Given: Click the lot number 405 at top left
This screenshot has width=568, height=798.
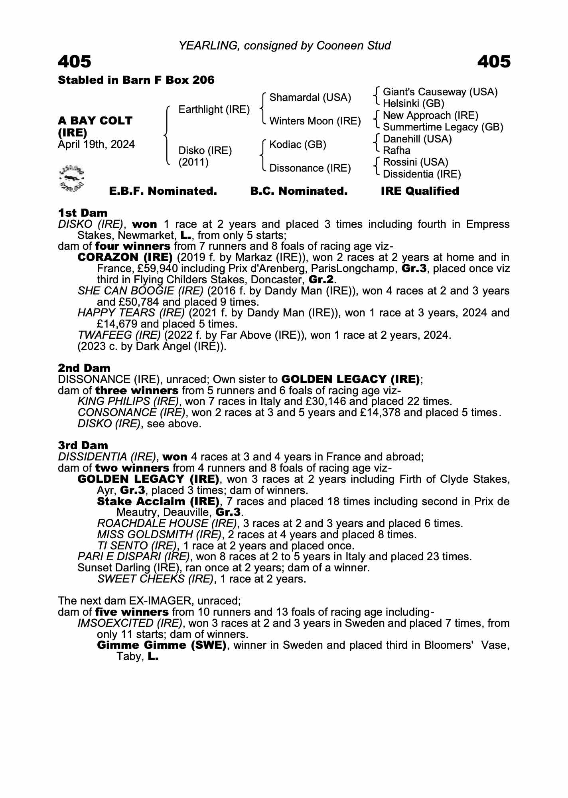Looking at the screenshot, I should click(x=75, y=62).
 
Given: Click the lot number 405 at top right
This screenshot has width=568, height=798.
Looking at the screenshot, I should click(x=493, y=62).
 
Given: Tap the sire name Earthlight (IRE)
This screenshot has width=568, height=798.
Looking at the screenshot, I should click(x=214, y=109).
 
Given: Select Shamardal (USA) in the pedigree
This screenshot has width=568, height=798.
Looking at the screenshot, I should click(x=310, y=97).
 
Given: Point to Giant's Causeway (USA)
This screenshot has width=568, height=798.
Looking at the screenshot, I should click(x=440, y=92).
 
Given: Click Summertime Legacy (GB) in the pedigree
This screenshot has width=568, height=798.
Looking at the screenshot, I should click(x=443, y=127).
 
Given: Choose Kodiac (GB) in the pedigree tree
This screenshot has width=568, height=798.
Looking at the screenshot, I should click(x=298, y=144).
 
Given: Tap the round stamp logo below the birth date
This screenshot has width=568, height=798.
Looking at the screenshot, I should click(x=71, y=178).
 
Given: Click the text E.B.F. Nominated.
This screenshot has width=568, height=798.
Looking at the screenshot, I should click(x=163, y=191).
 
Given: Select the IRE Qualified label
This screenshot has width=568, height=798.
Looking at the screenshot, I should click(x=420, y=191).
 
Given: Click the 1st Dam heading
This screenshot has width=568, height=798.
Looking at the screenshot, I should click(x=83, y=213).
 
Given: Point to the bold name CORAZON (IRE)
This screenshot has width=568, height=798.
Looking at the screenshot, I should click(x=125, y=257).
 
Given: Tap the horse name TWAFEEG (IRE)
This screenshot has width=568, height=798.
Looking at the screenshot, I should click(x=119, y=335).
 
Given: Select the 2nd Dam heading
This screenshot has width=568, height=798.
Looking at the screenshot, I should click(x=84, y=368).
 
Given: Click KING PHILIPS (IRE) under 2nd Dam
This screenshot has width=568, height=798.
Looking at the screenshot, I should click(x=128, y=401).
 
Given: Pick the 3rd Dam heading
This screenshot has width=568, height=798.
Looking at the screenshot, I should click(x=83, y=445).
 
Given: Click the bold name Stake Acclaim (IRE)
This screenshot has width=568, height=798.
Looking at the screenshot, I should click(x=158, y=501).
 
